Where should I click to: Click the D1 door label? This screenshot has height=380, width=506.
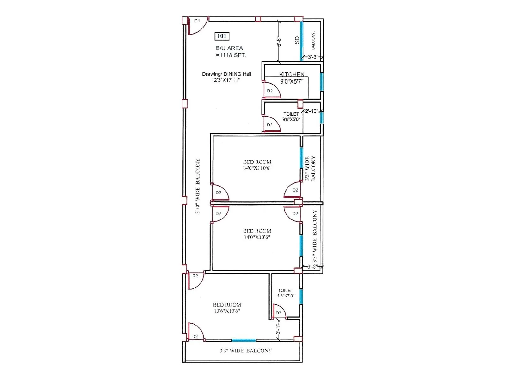(197, 21)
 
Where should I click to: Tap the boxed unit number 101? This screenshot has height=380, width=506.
(222, 36)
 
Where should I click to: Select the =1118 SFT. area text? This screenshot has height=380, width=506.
(231, 55)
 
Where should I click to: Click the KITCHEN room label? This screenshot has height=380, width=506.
(292, 74)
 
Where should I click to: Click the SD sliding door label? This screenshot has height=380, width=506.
(297, 40)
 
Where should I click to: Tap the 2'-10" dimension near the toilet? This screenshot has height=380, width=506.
(312, 111)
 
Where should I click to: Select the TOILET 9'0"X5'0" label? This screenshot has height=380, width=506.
(291, 117)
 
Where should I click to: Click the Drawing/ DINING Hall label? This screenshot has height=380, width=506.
(226, 74)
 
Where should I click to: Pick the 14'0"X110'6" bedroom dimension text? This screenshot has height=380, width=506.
(257, 168)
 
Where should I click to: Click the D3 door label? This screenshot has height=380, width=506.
(278, 313)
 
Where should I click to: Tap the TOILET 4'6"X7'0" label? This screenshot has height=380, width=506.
(286, 293)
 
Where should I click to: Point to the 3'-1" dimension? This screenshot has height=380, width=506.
(278, 330)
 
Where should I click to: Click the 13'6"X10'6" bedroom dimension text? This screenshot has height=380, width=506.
(227, 311)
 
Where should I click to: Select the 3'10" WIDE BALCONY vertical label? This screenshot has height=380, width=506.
(198, 186)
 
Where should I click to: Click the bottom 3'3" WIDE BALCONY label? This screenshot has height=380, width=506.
(246, 351)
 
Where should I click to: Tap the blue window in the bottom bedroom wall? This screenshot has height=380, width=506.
(244, 340)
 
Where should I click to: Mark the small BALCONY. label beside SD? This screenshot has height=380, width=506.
(313, 41)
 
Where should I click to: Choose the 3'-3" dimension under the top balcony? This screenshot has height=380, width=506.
(312, 57)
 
